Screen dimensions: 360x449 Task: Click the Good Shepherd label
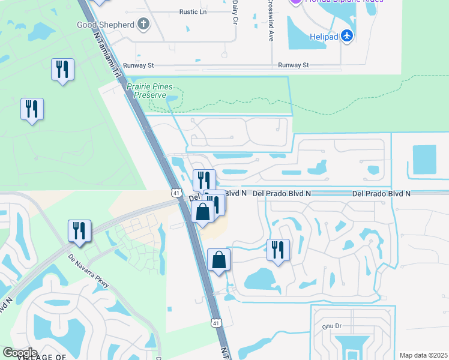[x=105, y=25]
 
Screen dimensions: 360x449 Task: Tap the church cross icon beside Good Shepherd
[x=143, y=24]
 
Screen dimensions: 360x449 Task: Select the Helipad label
[x=323, y=36]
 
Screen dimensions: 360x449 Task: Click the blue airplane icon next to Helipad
[x=347, y=36]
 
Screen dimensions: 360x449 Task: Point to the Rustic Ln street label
[x=193, y=11]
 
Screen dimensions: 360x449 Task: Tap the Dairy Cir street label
[x=234, y=12]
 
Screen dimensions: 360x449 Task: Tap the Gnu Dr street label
[x=331, y=326]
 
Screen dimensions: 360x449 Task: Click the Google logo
[x=20, y=352]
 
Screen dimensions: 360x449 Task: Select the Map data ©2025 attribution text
[x=424, y=355]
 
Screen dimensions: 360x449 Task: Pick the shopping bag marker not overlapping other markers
[x=218, y=260]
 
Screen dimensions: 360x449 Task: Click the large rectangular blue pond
[x=425, y=160]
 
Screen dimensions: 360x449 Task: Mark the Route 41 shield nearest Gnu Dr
[x=216, y=323]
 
